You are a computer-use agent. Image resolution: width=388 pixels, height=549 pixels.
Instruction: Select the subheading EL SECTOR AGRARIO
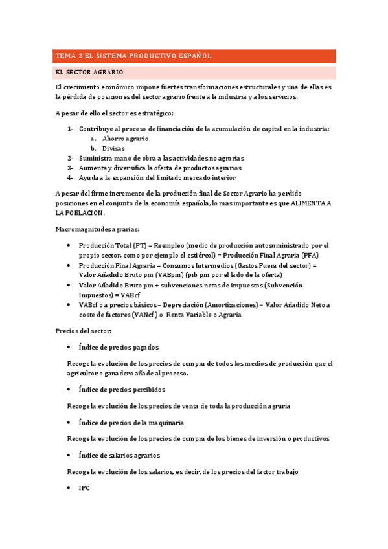89,72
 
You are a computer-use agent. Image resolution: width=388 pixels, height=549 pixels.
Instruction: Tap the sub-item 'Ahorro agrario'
125,139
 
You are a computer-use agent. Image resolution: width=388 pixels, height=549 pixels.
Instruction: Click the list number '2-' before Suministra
70,158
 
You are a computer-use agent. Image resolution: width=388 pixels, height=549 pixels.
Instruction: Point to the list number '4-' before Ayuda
70,177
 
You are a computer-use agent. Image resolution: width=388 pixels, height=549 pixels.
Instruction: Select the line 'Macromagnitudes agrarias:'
97,229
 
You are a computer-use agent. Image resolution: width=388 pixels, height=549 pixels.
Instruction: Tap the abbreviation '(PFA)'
325,255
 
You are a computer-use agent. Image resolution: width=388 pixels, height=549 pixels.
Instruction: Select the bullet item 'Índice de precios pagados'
119,347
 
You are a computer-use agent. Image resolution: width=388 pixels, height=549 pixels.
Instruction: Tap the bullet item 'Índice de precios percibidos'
122,389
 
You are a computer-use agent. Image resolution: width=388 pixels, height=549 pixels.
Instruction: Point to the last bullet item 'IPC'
84,488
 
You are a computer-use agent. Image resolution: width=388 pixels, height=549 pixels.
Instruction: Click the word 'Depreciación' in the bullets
188,304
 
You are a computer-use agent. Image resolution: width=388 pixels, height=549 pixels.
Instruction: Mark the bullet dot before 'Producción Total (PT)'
69,245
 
